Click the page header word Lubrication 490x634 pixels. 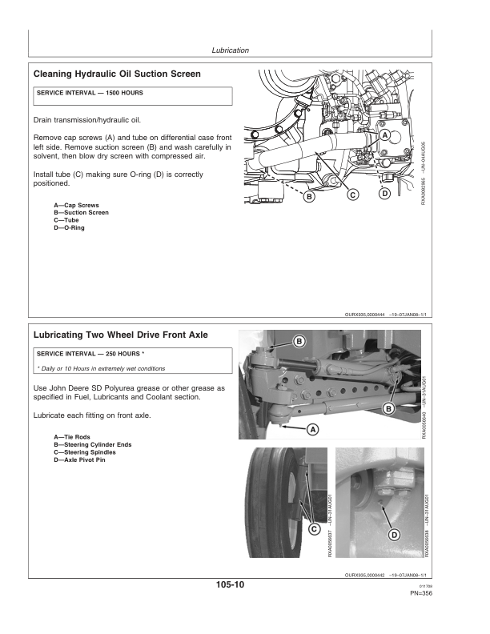(230, 50)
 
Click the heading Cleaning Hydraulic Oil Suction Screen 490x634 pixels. (117, 74)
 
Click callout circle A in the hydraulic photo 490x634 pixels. (385, 137)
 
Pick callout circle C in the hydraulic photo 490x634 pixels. (352, 195)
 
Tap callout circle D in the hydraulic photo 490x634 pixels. (384, 194)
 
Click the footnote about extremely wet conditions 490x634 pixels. (101, 368)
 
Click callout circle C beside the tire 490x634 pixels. (314, 529)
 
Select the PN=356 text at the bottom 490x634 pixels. (420, 593)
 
